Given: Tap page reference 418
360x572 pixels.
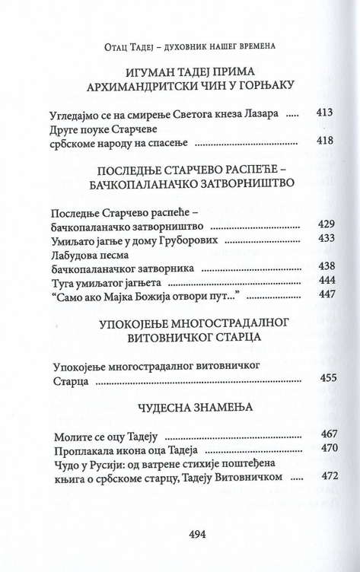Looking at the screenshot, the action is pyautogui.click(x=324, y=141).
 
